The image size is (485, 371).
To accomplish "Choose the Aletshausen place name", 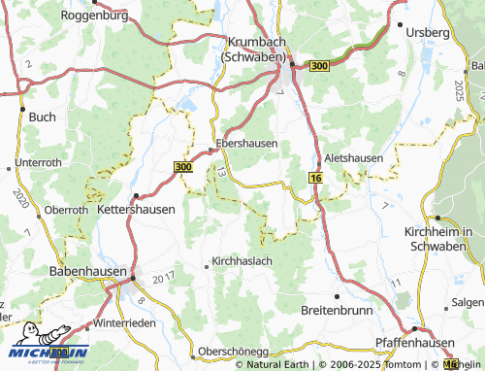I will tap(354, 157).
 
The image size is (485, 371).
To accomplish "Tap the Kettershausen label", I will tap(137, 209).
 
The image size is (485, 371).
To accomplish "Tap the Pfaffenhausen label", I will tap(416, 344).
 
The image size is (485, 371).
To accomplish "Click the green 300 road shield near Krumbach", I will tap(319, 65).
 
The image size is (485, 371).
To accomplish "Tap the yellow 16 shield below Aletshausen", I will tap(315, 178).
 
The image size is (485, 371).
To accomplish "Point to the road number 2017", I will tap(162, 279).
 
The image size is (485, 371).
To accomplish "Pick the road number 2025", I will tap(458, 93).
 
